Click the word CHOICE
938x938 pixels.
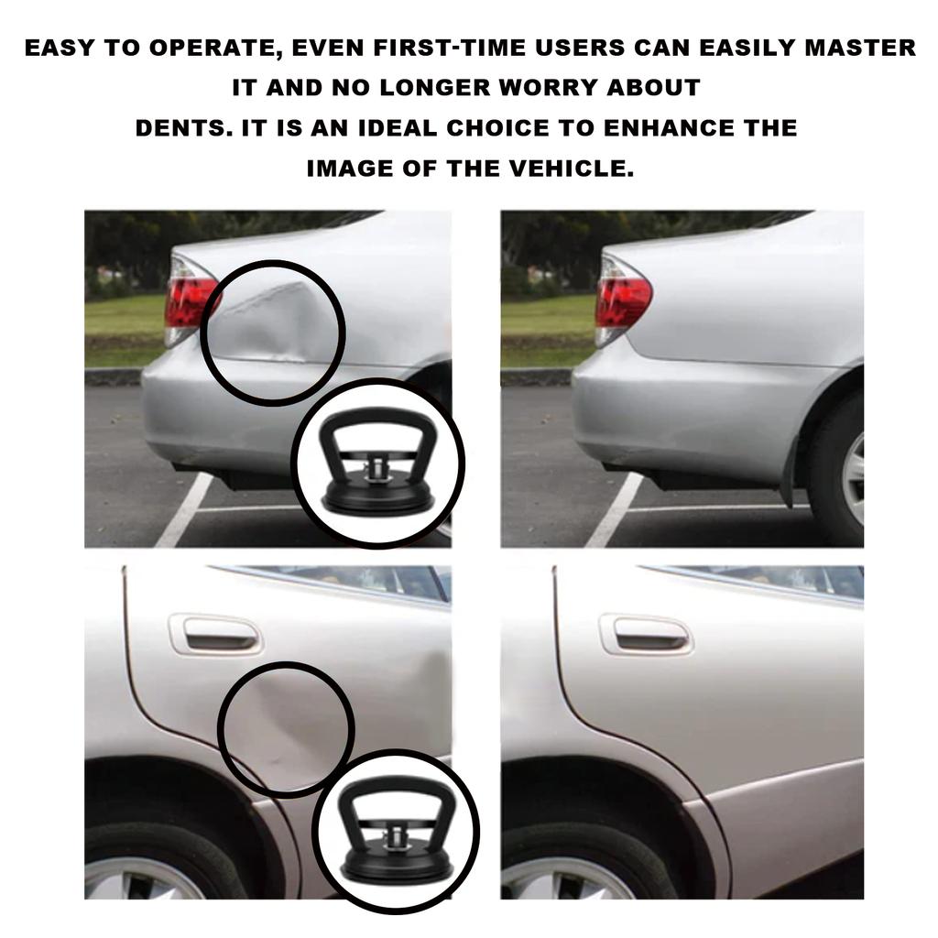point(499,128)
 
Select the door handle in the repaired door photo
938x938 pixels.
point(646,632)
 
